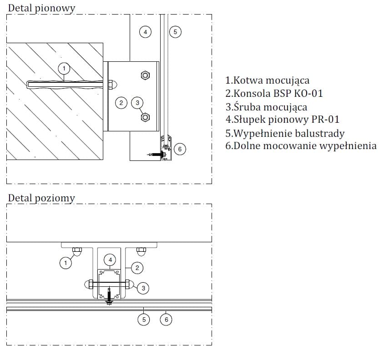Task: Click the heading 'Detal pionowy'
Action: click(x=41, y=8)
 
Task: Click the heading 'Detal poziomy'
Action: click(x=41, y=199)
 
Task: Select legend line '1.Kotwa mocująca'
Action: click(x=268, y=80)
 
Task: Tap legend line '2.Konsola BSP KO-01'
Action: click(x=274, y=94)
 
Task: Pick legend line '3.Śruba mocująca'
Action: click(x=266, y=107)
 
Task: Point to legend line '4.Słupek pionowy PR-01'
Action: click(x=282, y=120)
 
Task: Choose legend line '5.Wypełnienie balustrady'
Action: click(x=285, y=133)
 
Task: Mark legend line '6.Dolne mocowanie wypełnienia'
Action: click(x=301, y=146)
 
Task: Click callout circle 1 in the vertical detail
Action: click(x=65, y=69)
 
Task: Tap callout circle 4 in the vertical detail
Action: click(x=145, y=32)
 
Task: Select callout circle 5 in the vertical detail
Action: click(x=175, y=32)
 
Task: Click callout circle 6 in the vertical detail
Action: click(x=180, y=149)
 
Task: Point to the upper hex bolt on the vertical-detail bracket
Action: click(x=145, y=75)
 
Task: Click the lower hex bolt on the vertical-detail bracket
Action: click(x=145, y=118)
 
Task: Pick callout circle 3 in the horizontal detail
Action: click(x=143, y=288)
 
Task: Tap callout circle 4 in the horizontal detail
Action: click(x=110, y=260)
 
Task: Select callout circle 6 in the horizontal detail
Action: click(x=166, y=320)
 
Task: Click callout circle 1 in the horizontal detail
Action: click(x=66, y=263)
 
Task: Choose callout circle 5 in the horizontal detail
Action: click(x=144, y=320)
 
